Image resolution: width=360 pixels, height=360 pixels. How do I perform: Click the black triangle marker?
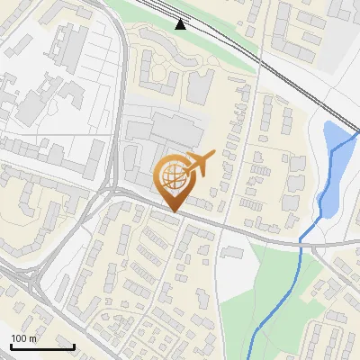[182, 24]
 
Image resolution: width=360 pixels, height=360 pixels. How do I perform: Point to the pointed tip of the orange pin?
[174, 211]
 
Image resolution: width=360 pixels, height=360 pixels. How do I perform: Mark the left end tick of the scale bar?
[11, 346]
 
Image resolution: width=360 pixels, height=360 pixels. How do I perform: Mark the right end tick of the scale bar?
[74, 346]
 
